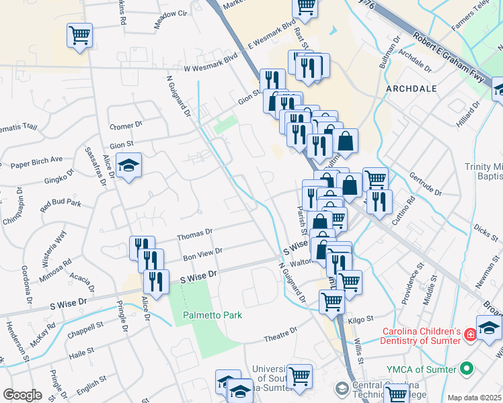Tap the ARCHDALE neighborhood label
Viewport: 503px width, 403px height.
pyautogui.click(x=412, y=89)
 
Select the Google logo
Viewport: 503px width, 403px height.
pyautogui.click(x=22, y=395)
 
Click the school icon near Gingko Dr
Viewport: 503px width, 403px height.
pyautogui.click(x=127, y=166)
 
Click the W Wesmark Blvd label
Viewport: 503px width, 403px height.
pyautogui.click(x=212, y=67)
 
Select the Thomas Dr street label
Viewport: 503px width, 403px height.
pyautogui.click(x=194, y=234)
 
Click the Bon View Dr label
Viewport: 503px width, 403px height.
pyautogui.click(x=202, y=254)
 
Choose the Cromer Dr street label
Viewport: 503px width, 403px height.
pyautogui.click(x=126, y=125)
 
